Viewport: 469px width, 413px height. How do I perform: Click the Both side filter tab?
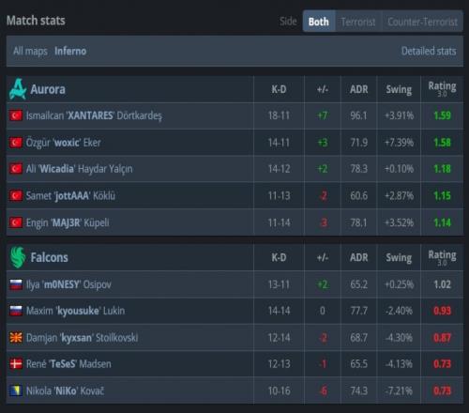click(319, 22)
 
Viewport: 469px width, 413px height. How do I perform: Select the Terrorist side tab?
click(358, 22)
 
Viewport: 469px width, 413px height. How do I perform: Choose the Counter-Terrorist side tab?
click(422, 22)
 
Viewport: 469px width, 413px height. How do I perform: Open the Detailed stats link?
click(429, 51)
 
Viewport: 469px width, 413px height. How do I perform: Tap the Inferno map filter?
click(70, 51)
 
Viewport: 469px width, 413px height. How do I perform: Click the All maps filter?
click(30, 51)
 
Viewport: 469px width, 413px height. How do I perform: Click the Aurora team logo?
click(18, 89)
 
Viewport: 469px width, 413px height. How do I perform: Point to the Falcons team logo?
click(18, 257)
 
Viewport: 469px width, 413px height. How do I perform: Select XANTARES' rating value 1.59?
click(443, 115)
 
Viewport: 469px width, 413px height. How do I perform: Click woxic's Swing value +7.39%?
click(399, 143)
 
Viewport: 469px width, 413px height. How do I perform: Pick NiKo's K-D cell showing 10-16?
click(279, 390)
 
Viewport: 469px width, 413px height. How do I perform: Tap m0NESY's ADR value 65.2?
click(359, 284)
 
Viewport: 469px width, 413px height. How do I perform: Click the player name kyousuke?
click(78, 311)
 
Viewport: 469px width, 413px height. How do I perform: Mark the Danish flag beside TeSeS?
click(16, 364)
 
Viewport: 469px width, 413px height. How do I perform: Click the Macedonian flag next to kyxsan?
click(16, 338)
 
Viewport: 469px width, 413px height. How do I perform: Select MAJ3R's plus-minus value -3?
click(324, 222)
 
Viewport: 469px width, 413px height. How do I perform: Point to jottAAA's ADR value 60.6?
click(359, 196)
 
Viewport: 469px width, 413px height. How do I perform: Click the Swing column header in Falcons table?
click(399, 257)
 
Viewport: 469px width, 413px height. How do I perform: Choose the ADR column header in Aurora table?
click(359, 89)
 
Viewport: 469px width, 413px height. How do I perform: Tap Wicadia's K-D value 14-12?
click(279, 169)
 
